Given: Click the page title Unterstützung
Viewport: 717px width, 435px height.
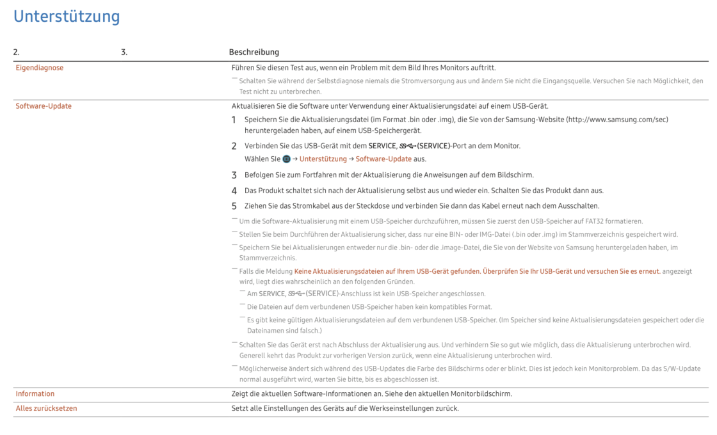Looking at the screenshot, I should coord(67,17).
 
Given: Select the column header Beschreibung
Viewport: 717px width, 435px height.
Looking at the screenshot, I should coord(254,52).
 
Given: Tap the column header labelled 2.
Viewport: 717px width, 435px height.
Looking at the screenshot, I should coord(17,52).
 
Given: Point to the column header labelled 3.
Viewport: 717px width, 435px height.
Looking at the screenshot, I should coord(124,52).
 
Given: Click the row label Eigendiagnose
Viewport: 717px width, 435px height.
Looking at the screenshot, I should coord(40,68).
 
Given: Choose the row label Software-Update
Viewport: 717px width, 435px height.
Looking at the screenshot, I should coord(44,106).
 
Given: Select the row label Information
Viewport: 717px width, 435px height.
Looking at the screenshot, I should coord(35,394).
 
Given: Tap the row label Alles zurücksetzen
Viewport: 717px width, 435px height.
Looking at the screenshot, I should coord(46,408).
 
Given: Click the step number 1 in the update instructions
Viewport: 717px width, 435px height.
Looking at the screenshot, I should coord(234,120).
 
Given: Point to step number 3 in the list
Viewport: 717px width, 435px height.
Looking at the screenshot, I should coord(234,175).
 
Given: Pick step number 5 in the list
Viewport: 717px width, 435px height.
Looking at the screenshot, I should coord(234,206).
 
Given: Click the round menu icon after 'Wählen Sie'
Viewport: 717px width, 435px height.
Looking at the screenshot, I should coord(287,159).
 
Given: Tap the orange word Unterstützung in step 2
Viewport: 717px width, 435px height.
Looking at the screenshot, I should coord(323,159).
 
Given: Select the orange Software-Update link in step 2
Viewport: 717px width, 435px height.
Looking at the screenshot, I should coord(383,159).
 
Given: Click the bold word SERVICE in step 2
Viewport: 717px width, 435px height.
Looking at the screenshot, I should coord(382,146).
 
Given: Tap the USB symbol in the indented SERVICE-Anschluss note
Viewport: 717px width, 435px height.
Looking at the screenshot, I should coord(296,294).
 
